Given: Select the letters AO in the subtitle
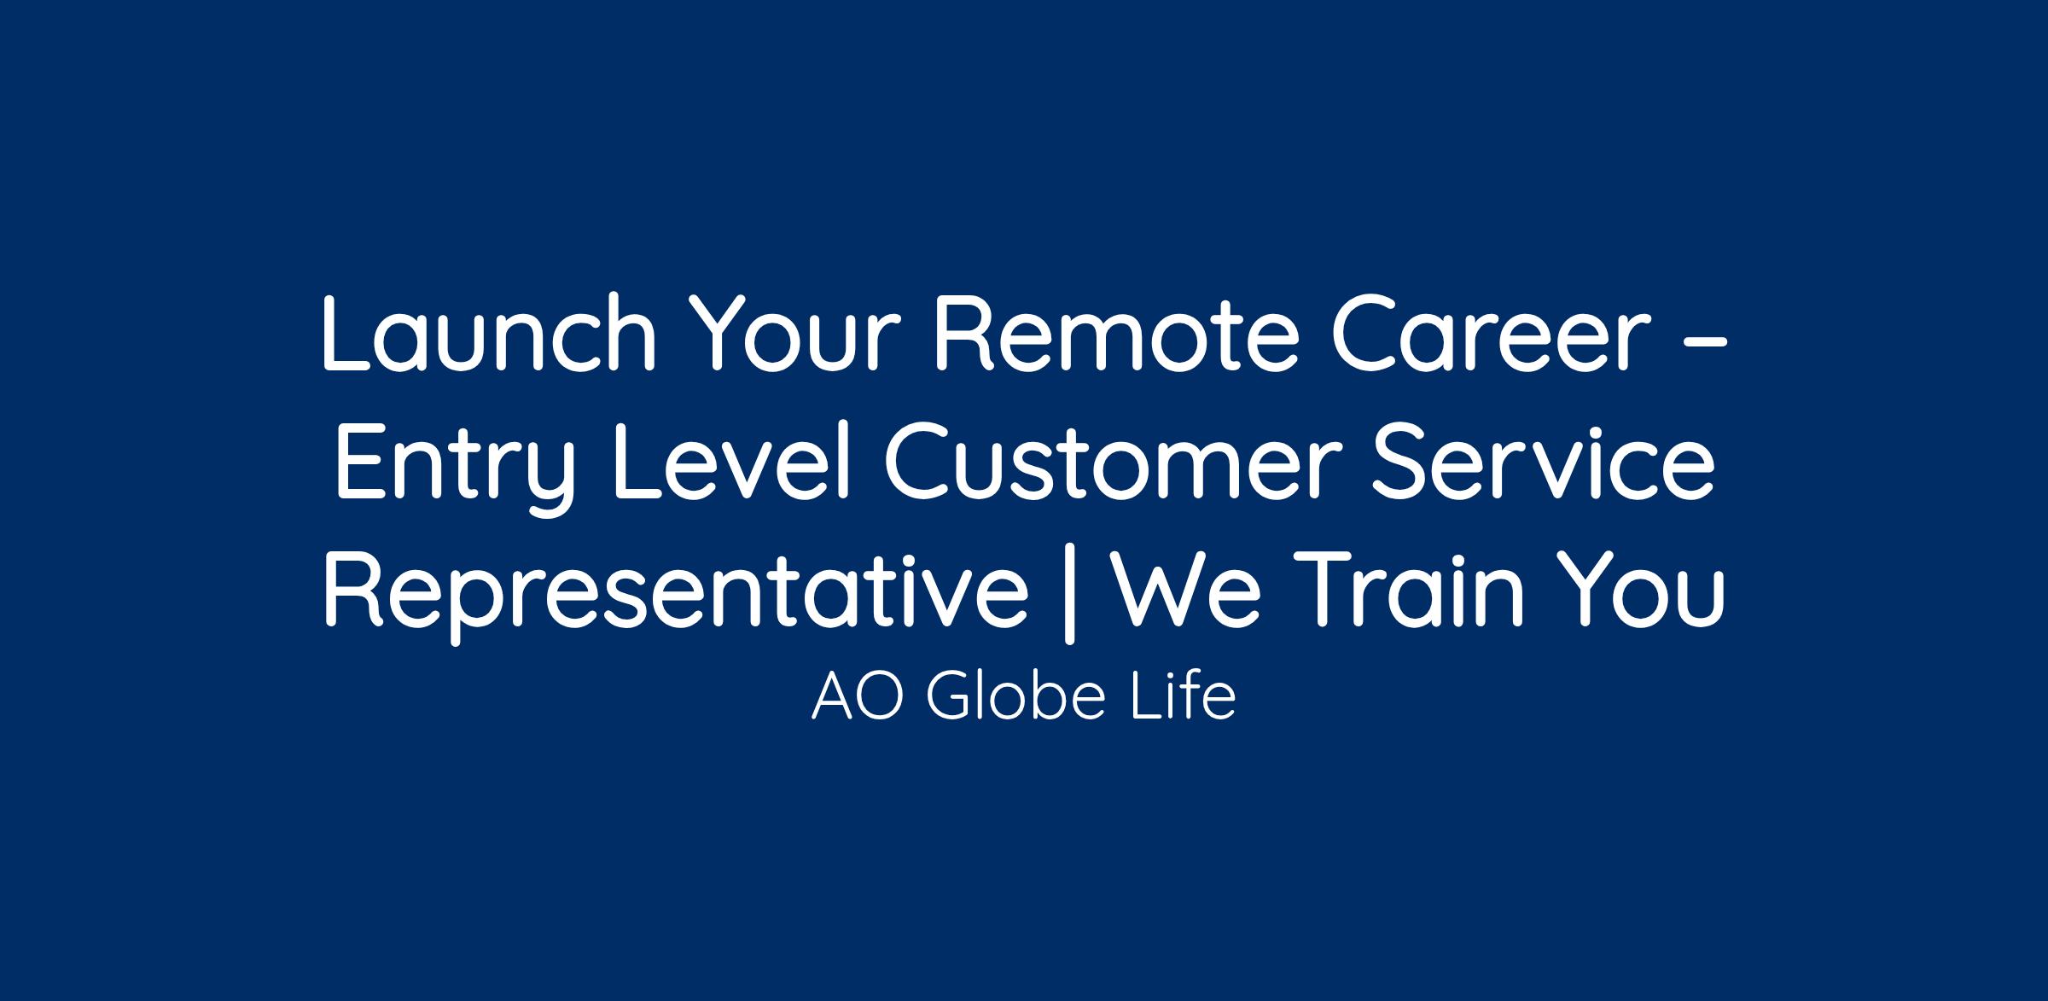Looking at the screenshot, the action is [x=863, y=697].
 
